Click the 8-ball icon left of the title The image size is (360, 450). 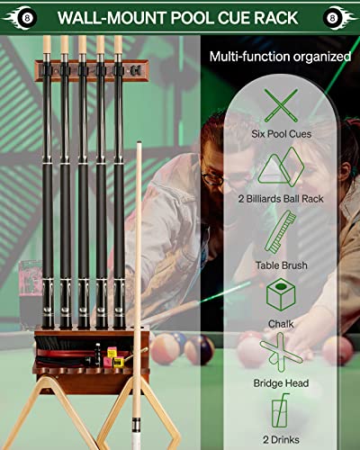click(27, 18)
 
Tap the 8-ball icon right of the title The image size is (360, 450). click(333, 18)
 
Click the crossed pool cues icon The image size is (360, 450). click(281, 105)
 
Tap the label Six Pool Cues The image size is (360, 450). click(281, 134)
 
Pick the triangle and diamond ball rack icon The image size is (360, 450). click(281, 166)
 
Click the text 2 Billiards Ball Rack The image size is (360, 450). click(281, 199)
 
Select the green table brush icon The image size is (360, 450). click(281, 232)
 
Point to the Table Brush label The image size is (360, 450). click(282, 265)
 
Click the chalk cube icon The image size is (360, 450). click(281, 294)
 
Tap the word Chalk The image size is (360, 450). click(281, 324)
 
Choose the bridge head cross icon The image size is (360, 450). click(281, 353)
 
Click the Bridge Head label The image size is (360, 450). click(281, 383)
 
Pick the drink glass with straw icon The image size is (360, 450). click(281, 410)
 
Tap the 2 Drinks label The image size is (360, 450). click(281, 440)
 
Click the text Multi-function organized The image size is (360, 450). click(280, 57)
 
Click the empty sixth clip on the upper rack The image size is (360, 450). click(135, 71)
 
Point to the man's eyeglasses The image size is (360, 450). click(213, 178)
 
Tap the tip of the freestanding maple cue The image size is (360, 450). click(139, 142)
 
